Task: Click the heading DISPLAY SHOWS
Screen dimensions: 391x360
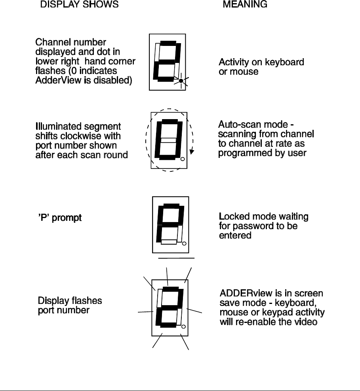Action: click(79, 5)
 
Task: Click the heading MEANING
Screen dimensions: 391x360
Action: click(245, 5)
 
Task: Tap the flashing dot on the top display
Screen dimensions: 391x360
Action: click(181, 81)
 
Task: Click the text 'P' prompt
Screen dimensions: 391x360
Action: click(59, 218)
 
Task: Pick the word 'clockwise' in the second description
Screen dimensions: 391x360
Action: click(82, 136)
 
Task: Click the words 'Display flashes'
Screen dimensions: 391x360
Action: click(70, 301)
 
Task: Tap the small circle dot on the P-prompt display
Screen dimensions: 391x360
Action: click(184, 243)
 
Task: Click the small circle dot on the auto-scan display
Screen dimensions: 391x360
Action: click(183, 159)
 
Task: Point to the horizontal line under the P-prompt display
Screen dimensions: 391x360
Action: click(176, 258)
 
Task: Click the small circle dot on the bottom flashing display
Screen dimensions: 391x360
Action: click(183, 326)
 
